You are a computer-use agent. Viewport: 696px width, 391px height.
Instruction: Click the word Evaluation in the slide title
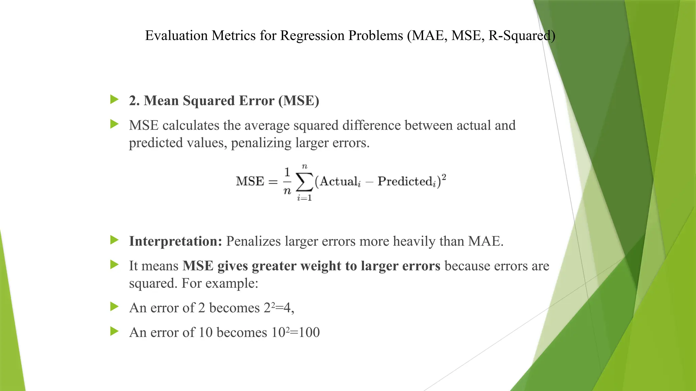[176, 35]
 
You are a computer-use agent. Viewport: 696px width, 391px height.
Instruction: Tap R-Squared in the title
[522, 35]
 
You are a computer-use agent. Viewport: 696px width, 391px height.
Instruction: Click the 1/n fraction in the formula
[287, 181]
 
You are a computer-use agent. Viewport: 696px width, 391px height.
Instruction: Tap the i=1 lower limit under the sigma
[304, 198]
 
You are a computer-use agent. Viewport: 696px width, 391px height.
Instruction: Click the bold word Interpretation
[175, 241]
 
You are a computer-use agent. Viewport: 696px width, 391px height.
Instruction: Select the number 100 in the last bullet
[310, 332]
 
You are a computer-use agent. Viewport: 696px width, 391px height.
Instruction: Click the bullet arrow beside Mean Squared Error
[115, 100]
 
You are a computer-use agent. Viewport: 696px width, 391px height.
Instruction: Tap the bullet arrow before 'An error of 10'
[115, 331]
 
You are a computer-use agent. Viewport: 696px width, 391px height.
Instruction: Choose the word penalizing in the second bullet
[261, 143]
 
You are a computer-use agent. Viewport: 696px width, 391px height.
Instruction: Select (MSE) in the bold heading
[299, 101]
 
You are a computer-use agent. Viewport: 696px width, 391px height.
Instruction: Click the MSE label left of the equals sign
[250, 181]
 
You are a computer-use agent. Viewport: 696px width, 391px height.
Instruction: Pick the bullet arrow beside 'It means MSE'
[115, 265]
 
